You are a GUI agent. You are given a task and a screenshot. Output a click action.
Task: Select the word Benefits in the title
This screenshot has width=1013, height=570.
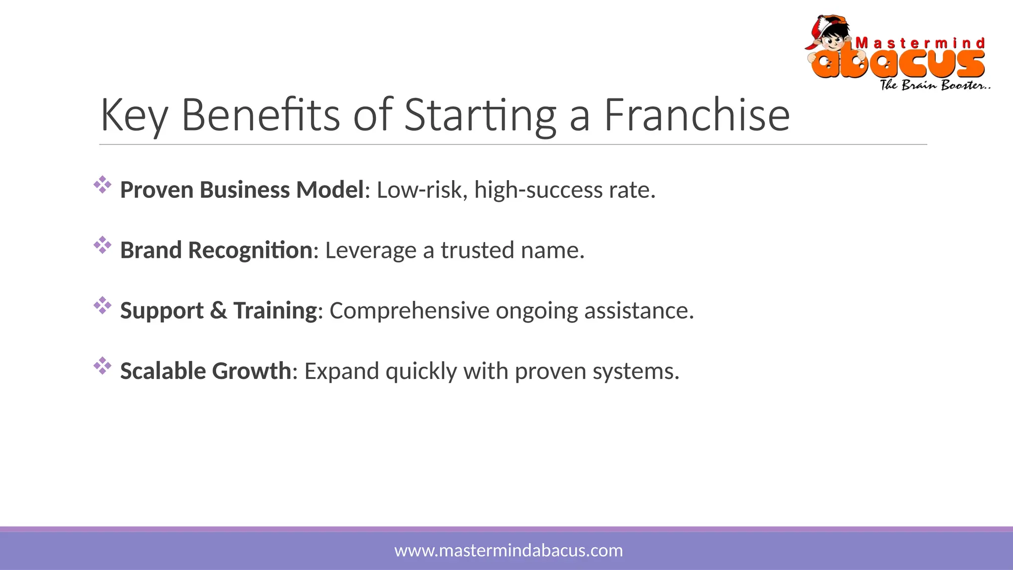click(x=261, y=115)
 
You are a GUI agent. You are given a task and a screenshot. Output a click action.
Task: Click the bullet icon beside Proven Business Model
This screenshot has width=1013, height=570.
click(x=102, y=185)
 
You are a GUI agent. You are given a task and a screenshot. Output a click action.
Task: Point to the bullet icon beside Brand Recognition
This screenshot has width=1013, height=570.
click(x=102, y=245)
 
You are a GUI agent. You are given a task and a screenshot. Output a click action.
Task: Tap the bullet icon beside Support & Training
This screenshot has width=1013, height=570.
click(x=102, y=305)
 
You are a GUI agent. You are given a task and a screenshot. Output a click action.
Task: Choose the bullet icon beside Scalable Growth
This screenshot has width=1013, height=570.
click(x=102, y=366)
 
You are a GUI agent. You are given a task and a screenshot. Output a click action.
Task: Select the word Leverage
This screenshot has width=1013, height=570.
click(x=370, y=250)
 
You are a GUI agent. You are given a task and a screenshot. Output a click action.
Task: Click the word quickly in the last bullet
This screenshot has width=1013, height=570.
click(x=421, y=372)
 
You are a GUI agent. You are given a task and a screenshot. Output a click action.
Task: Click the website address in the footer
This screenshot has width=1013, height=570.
click(x=508, y=550)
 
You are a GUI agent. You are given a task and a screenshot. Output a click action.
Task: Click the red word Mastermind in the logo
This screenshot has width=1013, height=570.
click(x=920, y=44)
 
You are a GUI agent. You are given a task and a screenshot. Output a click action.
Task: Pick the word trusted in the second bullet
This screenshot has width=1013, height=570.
click(x=477, y=250)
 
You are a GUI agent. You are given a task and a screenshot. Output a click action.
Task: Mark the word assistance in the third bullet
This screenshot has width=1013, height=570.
click(x=639, y=311)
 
